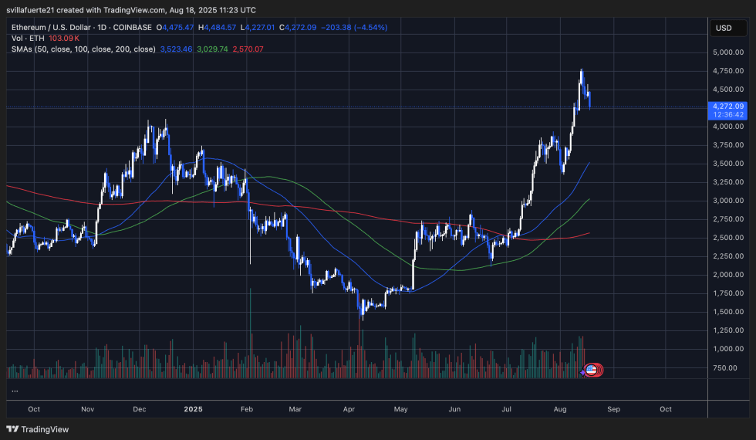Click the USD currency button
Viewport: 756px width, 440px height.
click(724, 28)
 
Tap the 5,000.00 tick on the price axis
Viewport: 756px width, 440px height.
click(727, 52)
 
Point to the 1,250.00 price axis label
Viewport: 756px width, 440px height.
click(727, 330)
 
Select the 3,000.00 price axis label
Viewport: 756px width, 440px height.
click(727, 201)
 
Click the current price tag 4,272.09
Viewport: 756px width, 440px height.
click(727, 107)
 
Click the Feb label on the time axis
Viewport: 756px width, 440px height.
click(246, 409)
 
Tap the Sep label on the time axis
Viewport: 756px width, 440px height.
click(613, 409)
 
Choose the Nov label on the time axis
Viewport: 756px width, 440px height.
click(86, 409)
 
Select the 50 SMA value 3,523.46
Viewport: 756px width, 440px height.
click(176, 49)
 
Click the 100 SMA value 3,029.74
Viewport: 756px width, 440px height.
click(212, 49)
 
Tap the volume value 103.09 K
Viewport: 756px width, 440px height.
click(64, 38)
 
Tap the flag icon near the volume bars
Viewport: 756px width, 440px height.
click(591, 371)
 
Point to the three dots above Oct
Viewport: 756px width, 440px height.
click(15, 392)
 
